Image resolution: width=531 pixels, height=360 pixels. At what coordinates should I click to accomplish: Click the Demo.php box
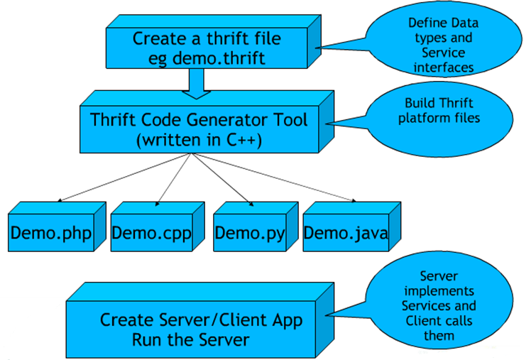pyautogui.click(x=57, y=227)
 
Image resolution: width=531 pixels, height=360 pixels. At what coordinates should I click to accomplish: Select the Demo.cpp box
pyautogui.click(x=158, y=227)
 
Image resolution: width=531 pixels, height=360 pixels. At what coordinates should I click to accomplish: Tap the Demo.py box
pyautogui.click(x=256, y=227)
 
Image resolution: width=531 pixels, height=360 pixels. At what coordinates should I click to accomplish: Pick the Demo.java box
pyautogui.click(x=352, y=227)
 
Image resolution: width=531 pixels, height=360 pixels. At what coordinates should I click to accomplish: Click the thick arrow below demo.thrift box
pyautogui.click(x=197, y=84)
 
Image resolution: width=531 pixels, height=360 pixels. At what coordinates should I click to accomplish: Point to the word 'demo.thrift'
pyautogui.click(x=219, y=58)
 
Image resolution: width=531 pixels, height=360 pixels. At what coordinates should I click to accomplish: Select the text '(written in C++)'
pyautogui.click(x=199, y=140)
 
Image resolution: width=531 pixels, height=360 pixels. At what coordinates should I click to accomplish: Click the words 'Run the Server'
pyautogui.click(x=191, y=339)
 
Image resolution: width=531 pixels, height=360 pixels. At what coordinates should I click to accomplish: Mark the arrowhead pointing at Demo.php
pyautogui.click(x=59, y=201)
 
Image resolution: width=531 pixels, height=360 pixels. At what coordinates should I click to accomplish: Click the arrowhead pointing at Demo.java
pyautogui.click(x=354, y=201)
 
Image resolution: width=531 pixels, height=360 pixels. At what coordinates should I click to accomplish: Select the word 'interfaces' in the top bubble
pyautogui.click(x=443, y=67)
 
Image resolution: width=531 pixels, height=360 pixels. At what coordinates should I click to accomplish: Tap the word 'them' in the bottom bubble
pyautogui.click(x=439, y=336)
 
